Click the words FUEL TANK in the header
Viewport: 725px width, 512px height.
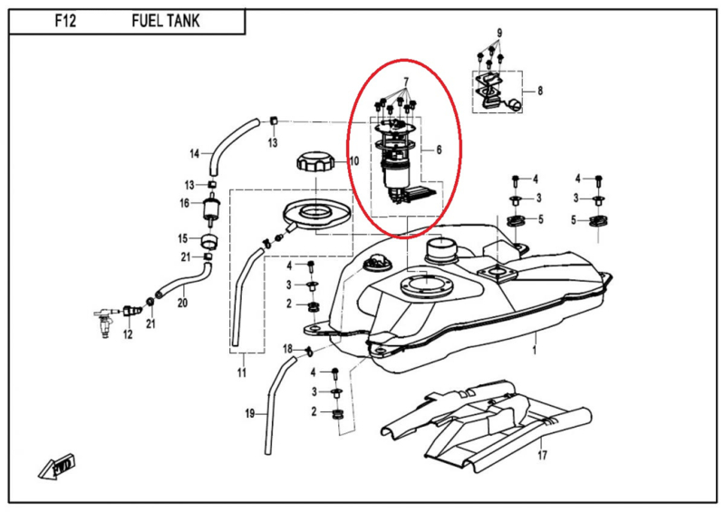tap(165, 19)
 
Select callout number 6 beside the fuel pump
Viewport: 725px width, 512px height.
tap(440, 150)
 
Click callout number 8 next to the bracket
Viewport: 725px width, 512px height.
tap(540, 91)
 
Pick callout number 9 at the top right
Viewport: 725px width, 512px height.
tap(498, 34)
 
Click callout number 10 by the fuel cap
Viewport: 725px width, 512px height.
tap(354, 161)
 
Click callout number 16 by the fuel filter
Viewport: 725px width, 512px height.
tap(184, 203)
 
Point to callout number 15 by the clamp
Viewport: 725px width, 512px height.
tap(183, 238)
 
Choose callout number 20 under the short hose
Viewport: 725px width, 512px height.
tap(181, 303)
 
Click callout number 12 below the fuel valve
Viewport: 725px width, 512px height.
tap(127, 334)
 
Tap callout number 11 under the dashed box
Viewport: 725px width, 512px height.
tap(242, 372)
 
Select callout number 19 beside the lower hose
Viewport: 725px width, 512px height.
tap(249, 414)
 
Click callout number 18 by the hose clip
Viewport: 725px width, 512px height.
tap(287, 349)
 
